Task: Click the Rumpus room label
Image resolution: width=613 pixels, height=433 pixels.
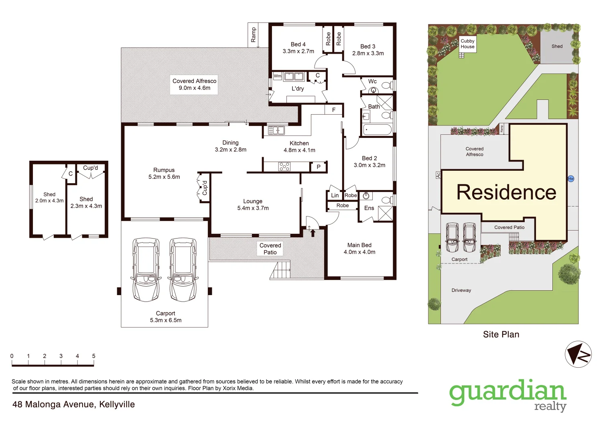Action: click(164, 170)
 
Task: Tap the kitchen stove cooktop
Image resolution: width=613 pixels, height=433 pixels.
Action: click(284, 166)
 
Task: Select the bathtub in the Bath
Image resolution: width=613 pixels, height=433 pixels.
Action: click(377, 129)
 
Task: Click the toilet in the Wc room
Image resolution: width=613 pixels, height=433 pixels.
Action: click(386, 85)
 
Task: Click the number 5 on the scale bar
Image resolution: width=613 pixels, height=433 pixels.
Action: click(93, 356)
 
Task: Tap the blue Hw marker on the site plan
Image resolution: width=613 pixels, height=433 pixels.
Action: click(571, 179)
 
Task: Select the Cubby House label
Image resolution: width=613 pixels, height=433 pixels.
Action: click(467, 44)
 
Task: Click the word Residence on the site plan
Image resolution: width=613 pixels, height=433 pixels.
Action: click(506, 192)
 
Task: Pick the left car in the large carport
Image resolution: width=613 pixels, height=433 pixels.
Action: click(146, 269)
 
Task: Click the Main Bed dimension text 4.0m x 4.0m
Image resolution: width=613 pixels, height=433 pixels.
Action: click(359, 252)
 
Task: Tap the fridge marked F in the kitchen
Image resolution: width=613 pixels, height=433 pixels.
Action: click(333, 110)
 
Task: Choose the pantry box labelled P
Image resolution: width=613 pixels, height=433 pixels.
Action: click(319, 167)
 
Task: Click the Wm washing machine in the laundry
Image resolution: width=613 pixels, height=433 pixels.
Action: click(278, 76)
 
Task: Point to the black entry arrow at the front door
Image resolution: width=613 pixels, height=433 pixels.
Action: click(313, 233)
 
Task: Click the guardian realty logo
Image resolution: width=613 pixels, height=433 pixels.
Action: click(508, 395)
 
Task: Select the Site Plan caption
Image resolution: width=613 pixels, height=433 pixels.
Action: click(501, 334)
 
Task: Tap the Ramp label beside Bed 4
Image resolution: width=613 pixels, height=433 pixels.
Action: click(253, 34)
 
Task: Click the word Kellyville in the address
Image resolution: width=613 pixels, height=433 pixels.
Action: click(117, 405)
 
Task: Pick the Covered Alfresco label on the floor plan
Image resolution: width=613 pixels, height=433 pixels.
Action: click(194, 81)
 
